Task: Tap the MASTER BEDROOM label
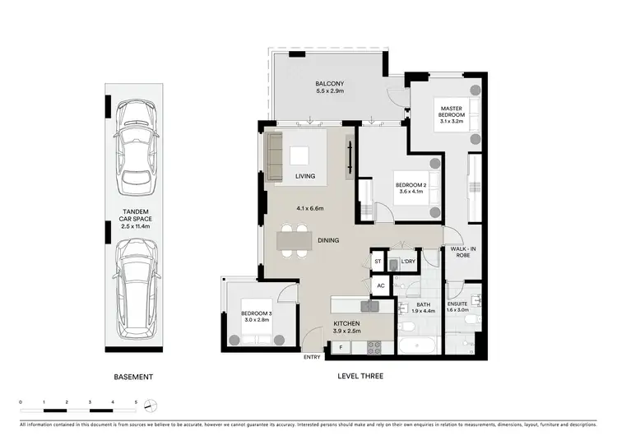coord(452,109)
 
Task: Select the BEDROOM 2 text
coord(410,185)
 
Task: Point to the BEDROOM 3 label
coord(257,314)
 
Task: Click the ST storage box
coord(378,262)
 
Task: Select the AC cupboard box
coord(379,285)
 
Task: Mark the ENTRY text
coord(312,356)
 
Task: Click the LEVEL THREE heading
coord(361,377)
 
